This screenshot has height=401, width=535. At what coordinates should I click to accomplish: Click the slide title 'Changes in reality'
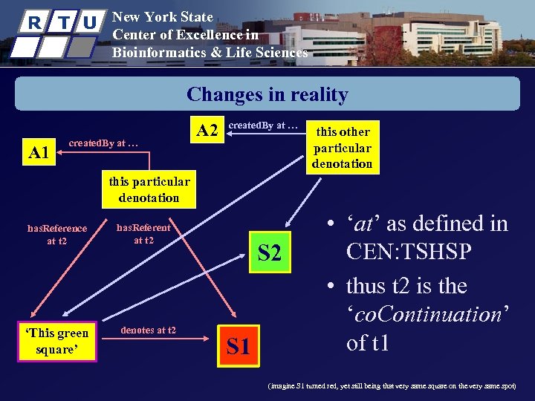point(267,94)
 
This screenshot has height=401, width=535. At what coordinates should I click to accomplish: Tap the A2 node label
point(207,131)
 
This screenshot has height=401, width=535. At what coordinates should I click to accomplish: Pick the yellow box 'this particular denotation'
point(149,189)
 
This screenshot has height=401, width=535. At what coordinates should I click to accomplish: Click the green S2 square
point(269,253)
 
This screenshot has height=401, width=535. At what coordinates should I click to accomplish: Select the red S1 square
point(238,346)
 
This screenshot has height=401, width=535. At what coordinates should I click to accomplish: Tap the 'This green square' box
point(57,341)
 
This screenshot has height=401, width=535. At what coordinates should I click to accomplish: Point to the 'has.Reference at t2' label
point(57,234)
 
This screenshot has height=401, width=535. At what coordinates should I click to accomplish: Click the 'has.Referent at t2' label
point(143,233)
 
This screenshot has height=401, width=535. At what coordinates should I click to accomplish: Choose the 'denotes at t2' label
point(148,330)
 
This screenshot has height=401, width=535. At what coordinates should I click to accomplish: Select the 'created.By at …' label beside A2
point(262,125)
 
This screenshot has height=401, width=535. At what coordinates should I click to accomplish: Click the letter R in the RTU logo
point(33,22)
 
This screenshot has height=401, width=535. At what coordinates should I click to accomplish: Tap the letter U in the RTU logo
point(89,22)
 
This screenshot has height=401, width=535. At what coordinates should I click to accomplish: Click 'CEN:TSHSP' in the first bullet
point(409,252)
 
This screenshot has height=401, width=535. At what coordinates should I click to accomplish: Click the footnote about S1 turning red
point(392,386)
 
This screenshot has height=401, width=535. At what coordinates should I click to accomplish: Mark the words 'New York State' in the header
point(162,16)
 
